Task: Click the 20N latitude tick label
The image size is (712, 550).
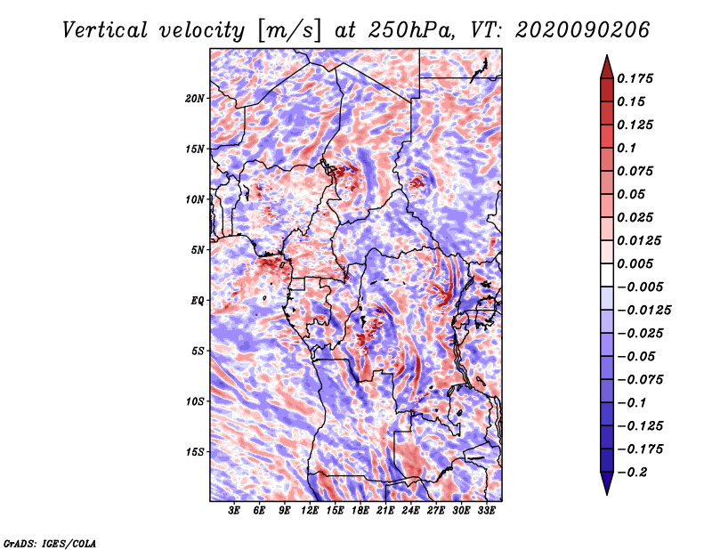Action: (195, 99)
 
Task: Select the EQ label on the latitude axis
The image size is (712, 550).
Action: (198, 301)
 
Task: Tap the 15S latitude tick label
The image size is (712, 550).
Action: (195, 452)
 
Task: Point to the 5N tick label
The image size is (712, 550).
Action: (198, 250)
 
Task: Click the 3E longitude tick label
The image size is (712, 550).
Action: (234, 511)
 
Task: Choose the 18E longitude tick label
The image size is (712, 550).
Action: (360, 511)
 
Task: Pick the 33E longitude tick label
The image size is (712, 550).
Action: (486, 511)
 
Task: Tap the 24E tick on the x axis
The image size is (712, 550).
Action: (410, 511)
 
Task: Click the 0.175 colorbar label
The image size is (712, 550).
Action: (635, 78)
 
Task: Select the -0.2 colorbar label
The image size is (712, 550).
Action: (632, 473)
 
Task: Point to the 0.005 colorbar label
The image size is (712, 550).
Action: (635, 263)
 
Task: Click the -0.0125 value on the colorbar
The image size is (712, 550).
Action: (643, 311)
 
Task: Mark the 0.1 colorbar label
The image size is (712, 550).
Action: (627, 148)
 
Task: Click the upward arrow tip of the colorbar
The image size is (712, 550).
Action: (607, 55)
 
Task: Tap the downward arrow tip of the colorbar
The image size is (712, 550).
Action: (607, 494)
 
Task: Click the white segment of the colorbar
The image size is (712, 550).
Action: (607, 275)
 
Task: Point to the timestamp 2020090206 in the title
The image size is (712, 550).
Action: (583, 30)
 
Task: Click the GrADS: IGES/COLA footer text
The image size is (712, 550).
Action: (50, 543)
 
